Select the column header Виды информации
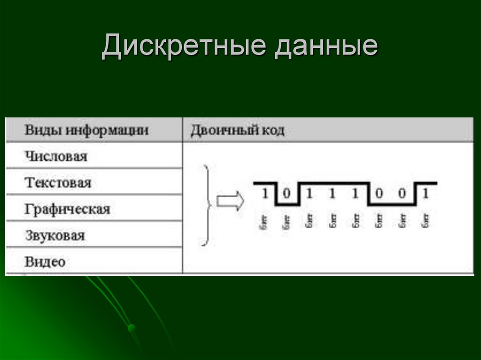click(86, 130)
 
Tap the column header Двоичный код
click(237, 130)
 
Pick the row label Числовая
click(56, 156)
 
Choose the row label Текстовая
click(58, 182)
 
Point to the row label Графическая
click(67, 208)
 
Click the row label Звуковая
click(55, 235)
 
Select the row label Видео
click(45, 261)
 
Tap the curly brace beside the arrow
click(205, 205)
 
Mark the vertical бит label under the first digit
click(264, 220)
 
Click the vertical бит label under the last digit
click(426, 220)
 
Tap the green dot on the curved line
click(132, 327)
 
